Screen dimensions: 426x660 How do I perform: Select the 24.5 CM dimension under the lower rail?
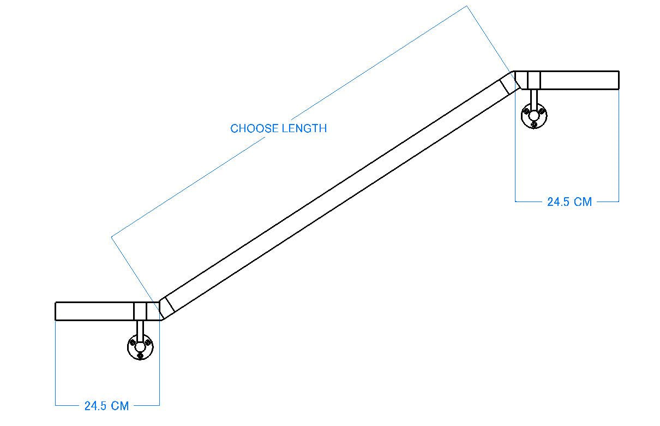106,406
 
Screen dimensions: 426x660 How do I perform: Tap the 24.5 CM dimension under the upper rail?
569,202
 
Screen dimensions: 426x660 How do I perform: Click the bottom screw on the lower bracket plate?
141,356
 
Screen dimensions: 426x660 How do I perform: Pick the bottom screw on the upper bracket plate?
535,124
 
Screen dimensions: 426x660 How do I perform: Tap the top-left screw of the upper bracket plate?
527,111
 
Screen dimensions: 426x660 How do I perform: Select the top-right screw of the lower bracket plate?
148,342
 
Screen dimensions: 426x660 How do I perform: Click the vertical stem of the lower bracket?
140,329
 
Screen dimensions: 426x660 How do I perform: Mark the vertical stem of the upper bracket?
535,97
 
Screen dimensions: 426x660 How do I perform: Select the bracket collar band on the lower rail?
140,311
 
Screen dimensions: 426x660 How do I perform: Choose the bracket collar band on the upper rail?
534,80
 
